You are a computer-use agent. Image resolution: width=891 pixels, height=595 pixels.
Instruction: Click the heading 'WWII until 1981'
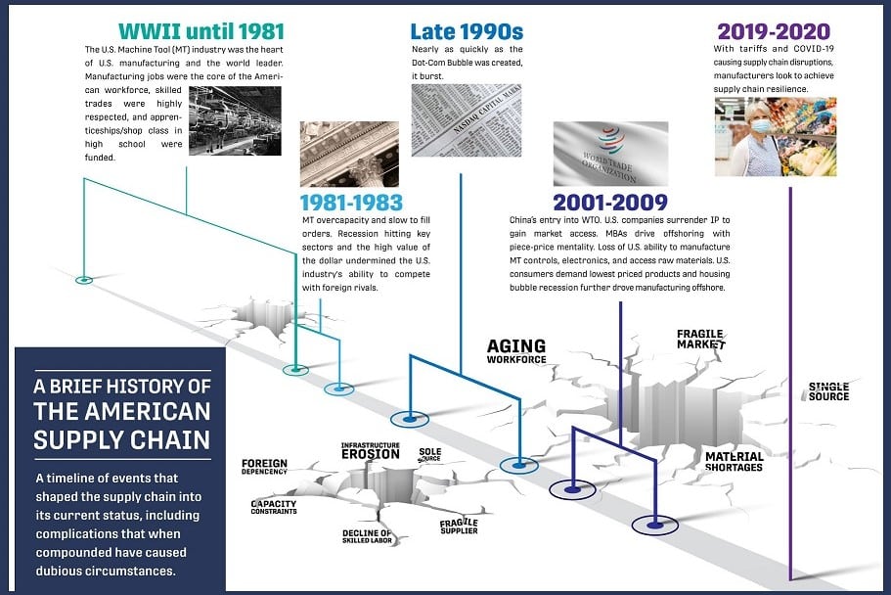point(201,31)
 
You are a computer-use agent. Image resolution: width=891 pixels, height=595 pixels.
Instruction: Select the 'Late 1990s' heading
point(467,31)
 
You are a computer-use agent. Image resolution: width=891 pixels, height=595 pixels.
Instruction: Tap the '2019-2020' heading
point(774,31)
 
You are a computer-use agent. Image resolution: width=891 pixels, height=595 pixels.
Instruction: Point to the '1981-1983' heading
point(351,203)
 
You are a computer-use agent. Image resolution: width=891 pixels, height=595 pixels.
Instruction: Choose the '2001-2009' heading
point(610,203)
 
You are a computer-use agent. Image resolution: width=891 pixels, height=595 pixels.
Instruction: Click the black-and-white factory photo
point(235,120)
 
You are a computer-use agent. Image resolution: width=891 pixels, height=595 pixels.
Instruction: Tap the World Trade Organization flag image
point(611,154)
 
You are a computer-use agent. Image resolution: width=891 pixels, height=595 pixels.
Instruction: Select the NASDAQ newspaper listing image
point(467,120)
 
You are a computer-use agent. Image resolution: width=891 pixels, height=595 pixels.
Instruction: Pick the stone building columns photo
point(349,155)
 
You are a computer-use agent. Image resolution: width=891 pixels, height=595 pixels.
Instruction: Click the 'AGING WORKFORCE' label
point(516,351)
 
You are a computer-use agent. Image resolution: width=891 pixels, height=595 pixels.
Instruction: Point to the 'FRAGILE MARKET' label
point(701,339)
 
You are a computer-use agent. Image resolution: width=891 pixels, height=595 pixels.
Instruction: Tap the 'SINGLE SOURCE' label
point(828,391)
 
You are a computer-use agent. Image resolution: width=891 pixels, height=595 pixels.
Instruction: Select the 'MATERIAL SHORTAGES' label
point(735,461)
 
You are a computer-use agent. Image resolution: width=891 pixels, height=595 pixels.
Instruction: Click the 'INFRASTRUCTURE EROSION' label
point(371,451)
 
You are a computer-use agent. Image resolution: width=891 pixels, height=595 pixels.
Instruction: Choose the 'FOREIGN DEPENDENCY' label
point(264,467)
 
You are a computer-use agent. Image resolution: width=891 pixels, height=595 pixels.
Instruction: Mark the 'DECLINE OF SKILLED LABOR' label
point(367,536)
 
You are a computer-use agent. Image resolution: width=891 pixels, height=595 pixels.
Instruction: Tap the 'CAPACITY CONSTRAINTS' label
point(274,507)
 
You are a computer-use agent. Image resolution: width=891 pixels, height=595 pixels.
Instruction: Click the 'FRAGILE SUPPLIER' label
point(459,526)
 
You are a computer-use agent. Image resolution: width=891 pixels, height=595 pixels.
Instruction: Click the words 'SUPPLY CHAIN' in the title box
point(121,439)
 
